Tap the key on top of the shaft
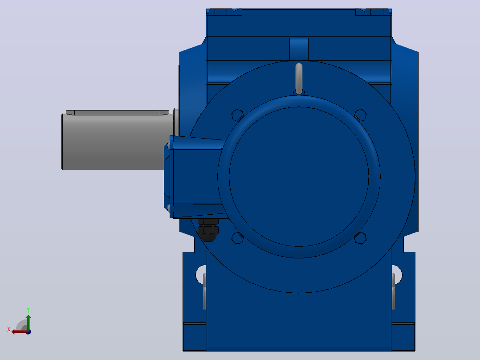point(117,112)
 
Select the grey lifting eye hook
point(299,78)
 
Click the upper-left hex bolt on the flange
point(237,115)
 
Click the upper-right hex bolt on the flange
point(360,115)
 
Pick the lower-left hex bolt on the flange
point(238,238)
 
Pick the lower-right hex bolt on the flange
point(360,238)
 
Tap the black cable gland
point(208,230)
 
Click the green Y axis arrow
point(28,323)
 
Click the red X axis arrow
point(20,332)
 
